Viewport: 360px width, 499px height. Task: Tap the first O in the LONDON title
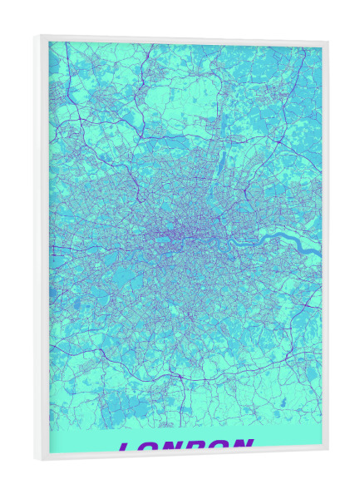tap(150, 448)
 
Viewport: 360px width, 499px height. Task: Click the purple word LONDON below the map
tap(185, 447)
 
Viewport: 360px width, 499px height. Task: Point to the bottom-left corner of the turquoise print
tap(50, 452)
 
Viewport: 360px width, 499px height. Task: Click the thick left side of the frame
tap(42, 249)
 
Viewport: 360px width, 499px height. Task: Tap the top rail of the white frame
tap(183, 39)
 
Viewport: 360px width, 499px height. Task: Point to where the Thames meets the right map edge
tap(319, 249)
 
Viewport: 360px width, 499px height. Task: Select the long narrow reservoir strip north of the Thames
tap(222, 166)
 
